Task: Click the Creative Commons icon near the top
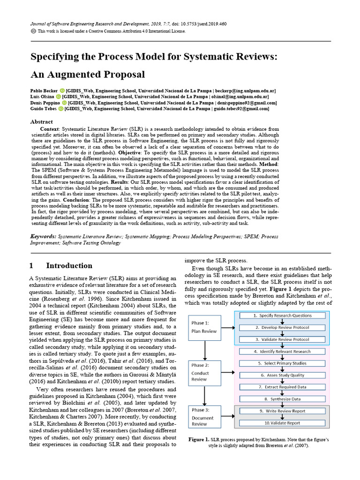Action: tap(33, 31)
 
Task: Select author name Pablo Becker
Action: tap(44, 90)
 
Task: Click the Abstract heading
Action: tap(42, 121)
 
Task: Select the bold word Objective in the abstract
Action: tap(132, 153)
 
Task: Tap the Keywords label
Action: tap(45, 237)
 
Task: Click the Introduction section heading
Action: tap(69, 265)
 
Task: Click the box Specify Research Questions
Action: tap(282, 315)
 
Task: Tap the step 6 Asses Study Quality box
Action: tap(282, 375)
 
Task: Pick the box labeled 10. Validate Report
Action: tap(282, 423)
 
